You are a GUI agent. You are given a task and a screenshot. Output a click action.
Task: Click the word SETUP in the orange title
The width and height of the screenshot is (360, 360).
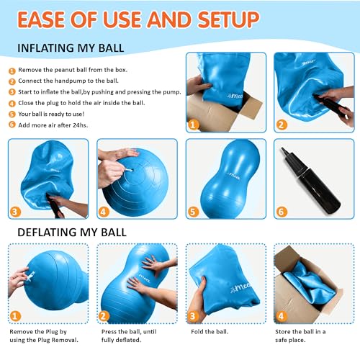(228, 19)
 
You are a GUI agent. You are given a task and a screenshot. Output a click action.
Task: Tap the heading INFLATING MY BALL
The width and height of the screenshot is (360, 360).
(71, 48)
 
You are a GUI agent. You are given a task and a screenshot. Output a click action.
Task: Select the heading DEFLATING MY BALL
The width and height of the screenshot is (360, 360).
(72, 233)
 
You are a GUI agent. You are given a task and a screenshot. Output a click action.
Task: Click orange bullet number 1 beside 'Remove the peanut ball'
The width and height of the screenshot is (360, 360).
(12, 71)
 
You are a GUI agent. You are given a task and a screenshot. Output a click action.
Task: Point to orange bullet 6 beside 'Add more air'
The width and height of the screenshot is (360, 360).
(12, 125)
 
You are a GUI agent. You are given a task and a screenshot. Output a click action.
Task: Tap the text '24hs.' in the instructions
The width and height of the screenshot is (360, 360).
(80, 125)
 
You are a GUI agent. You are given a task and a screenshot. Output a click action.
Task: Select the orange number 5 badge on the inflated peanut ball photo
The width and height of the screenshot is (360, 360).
(193, 212)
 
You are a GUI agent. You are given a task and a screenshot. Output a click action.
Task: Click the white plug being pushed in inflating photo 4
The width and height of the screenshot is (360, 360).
(128, 170)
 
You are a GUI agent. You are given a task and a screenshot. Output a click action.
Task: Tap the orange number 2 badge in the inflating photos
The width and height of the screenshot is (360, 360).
(282, 125)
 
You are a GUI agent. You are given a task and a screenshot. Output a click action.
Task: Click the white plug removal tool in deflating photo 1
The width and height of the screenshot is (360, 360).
(30, 276)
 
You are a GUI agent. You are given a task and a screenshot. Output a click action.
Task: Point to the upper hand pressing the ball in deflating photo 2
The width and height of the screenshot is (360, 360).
(159, 265)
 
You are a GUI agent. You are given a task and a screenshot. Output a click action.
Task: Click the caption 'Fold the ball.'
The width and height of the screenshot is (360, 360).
(210, 332)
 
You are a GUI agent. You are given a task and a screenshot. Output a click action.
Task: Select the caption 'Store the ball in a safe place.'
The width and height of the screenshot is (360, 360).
(300, 336)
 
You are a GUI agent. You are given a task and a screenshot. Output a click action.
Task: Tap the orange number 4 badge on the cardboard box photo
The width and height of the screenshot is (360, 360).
(281, 316)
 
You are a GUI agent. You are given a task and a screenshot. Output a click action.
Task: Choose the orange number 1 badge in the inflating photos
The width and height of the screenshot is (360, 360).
(193, 125)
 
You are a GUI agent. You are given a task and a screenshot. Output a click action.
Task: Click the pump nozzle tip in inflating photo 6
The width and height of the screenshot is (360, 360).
(283, 149)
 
